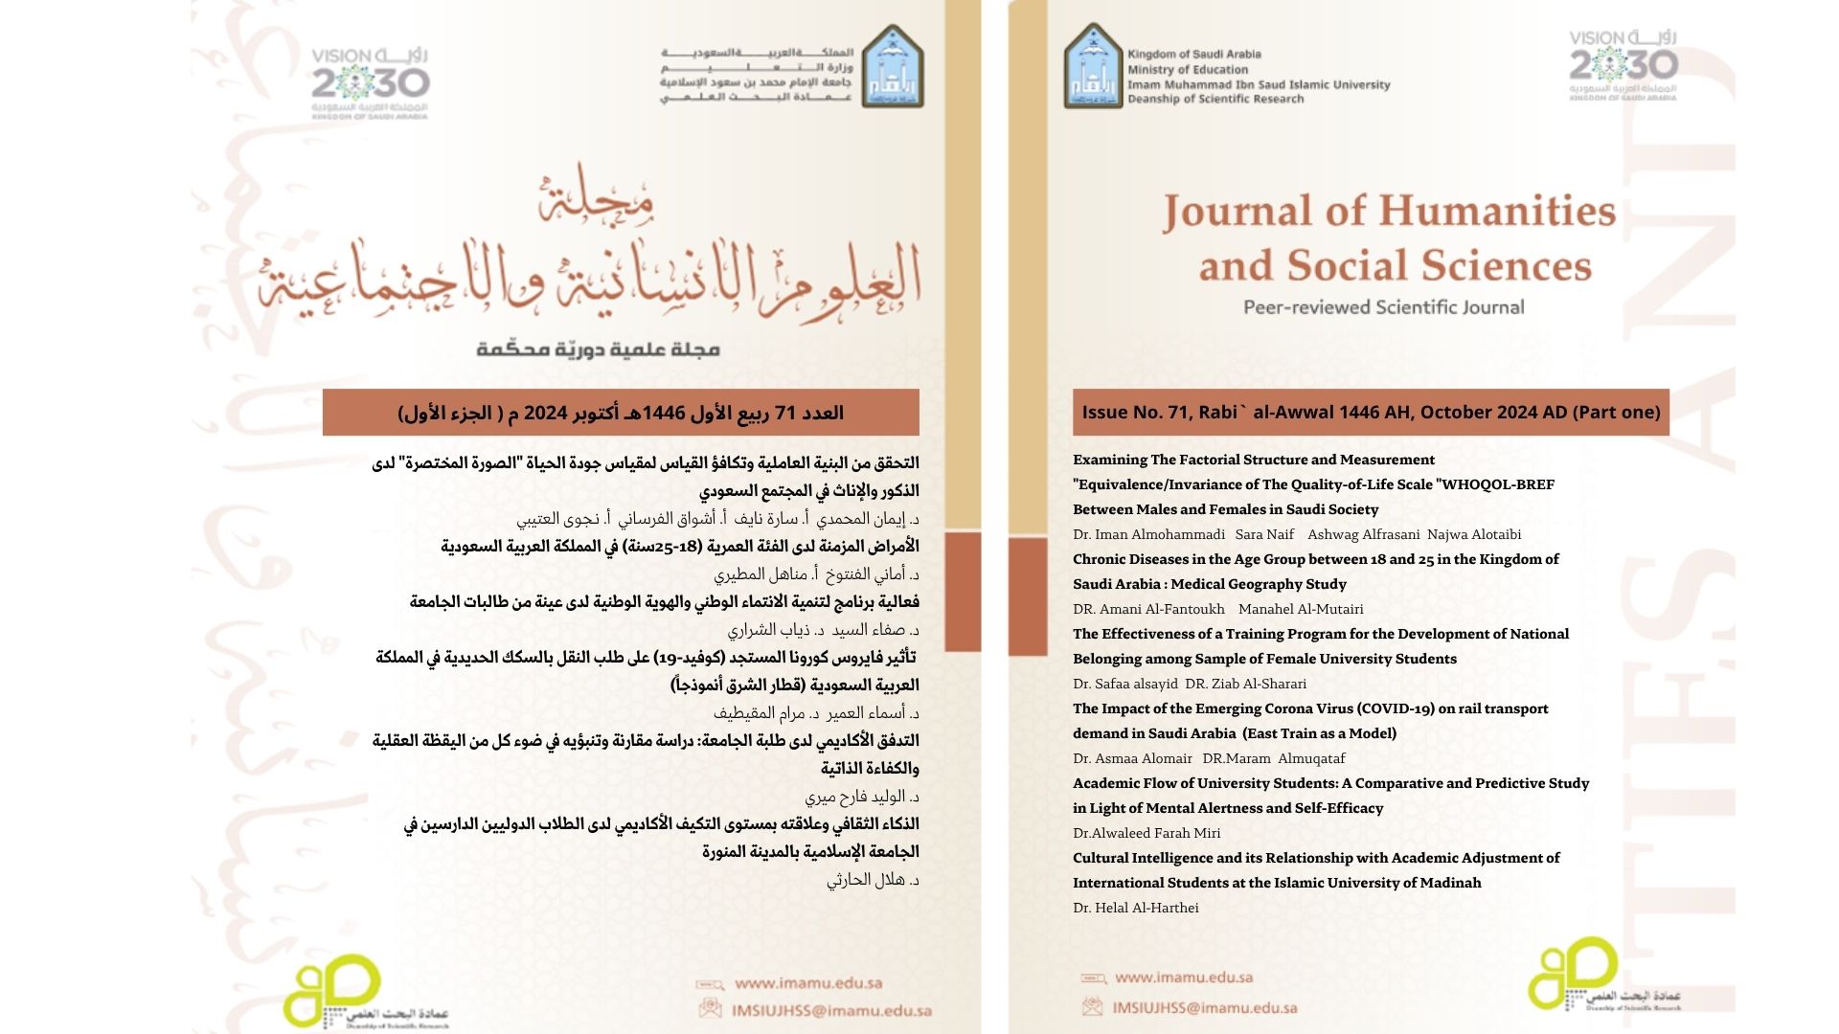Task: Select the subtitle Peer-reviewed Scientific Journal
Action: click(1383, 307)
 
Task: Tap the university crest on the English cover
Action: click(1092, 65)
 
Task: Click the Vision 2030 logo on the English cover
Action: click(1623, 64)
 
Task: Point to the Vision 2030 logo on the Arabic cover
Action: click(370, 82)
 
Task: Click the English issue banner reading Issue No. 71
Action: click(1371, 413)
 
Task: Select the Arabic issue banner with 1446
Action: click(621, 413)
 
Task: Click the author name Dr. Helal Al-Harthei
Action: click(1135, 908)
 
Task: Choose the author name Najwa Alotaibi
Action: click(1474, 534)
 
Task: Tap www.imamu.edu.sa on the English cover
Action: click(1184, 978)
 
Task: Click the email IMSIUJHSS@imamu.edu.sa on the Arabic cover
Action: click(831, 1010)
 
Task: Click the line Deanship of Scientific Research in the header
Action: click(1215, 99)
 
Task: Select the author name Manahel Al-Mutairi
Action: click(1301, 609)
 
